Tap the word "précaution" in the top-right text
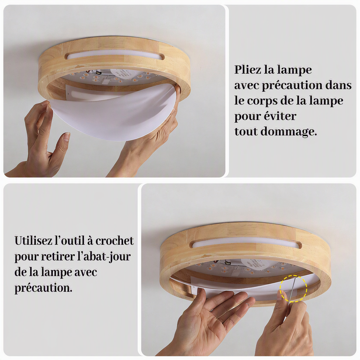click(292, 85)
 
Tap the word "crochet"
click(115, 240)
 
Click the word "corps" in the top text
click(260, 101)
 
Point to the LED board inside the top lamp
click(115, 78)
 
